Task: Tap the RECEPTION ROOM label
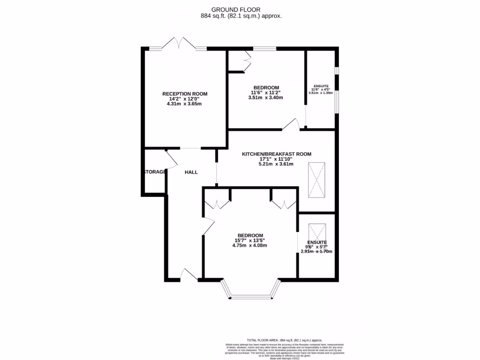pos(184,94)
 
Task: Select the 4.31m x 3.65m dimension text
pos(184,104)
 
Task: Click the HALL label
pos(191,172)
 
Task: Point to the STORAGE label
pos(154,172)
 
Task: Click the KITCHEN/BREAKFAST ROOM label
pos(276,154)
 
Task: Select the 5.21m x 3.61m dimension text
pos(276,164)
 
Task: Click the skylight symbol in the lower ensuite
pos(316,232)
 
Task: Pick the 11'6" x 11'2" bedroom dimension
pos(266,93)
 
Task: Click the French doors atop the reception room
pos(178,43)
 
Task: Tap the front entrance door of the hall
pos(189,275)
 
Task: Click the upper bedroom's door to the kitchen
pos(292,124)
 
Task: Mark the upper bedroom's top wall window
pos(264,48)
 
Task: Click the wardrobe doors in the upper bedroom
pos(246,60)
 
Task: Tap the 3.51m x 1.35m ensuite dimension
pos(321,93)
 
